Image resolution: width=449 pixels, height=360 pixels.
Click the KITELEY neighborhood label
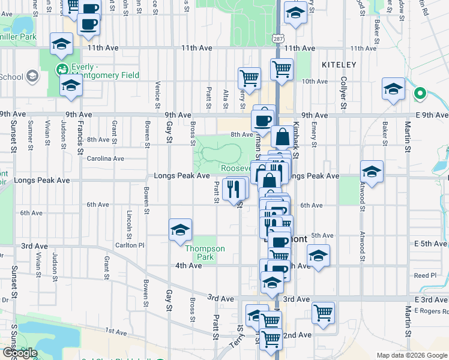coord(339,64)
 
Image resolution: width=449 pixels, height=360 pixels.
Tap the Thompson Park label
coord(205,253)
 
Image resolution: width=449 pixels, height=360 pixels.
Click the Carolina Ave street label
coord(106,159)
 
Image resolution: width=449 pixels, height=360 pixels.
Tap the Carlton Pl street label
coord(133,245)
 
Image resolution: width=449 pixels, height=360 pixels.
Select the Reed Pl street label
coord(426,275)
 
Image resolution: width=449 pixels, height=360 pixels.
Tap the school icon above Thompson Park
coord(180,230)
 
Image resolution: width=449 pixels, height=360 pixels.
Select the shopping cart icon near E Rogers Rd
coord(323,312)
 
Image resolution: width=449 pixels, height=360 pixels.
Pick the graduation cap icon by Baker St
coord(393,90)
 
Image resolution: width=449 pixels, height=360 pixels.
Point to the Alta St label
coord(226,98)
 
